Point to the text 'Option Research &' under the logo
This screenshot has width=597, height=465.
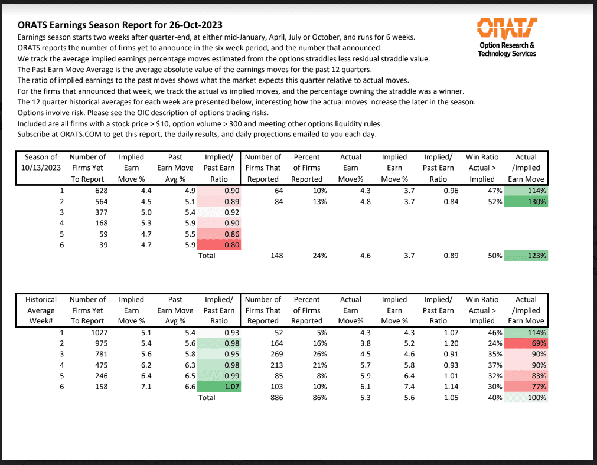(507, 45)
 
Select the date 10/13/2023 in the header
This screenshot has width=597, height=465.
(41, 168)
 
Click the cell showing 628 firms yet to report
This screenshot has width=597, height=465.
(96, 191)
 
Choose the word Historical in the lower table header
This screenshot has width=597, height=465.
(41, 300)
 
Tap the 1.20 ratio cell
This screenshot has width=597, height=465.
(438, 343)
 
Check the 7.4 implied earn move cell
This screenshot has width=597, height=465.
(394, 386)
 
